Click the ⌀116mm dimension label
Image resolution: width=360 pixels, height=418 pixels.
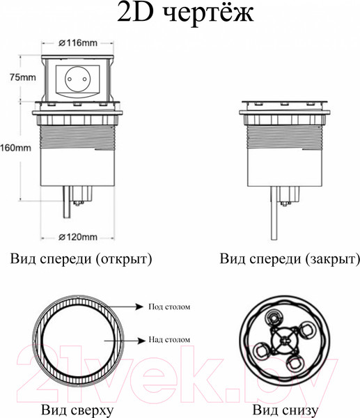(x=77, y=43)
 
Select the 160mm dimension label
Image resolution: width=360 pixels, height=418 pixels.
(x=15, y=148)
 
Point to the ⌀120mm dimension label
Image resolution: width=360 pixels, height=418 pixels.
(x=77, y=236)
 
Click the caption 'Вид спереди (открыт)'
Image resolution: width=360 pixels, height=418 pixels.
(x=81, y=260)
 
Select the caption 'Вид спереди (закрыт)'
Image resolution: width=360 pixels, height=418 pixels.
(x=290, y=260)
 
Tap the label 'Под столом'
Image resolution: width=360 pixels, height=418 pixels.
(x=169, y=306)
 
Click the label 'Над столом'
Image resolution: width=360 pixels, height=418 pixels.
(x=169, y=339)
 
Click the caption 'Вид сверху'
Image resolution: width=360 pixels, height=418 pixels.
(x=77, y=410)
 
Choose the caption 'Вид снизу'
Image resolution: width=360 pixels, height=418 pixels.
(x=285, y=410)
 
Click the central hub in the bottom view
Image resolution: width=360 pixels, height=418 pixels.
(x=283, y=342)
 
